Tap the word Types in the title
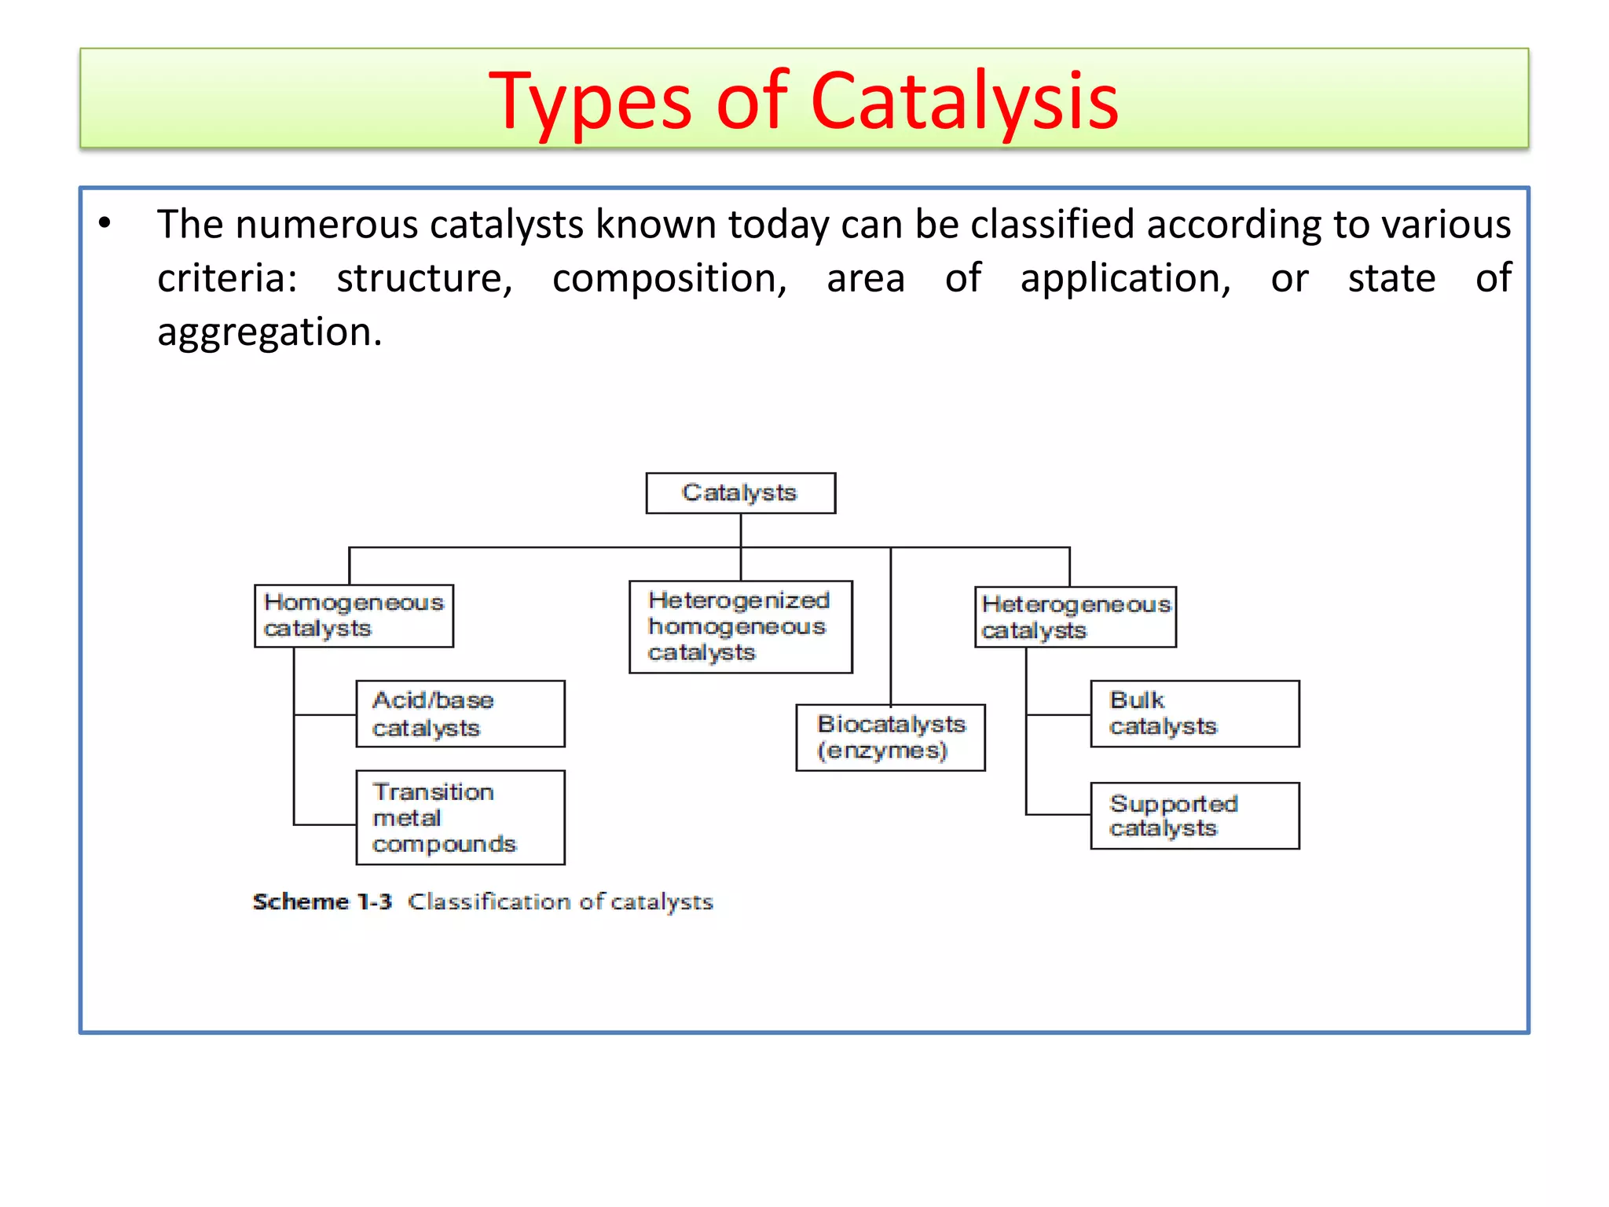tap(589, 102)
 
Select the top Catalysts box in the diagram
tap(740, 493)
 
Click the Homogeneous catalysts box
tap(354, 615)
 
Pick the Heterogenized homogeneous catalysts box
tap(740, 626)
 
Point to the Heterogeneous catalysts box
tap(1075, 617)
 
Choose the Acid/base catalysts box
tap(460, 714)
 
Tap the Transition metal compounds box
tap(460, 817)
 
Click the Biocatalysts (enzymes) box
tap(889, 737)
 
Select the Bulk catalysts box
tap(1194, 714)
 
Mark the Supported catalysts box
tap(1194, 816)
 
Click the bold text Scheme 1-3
tap(322, 901)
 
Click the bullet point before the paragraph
tap(104, 224)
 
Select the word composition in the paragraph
tap(669, 279)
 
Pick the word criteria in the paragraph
tap(226, 279)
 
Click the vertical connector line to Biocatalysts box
tap(890, 629)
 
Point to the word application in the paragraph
tap(1125, 279)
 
